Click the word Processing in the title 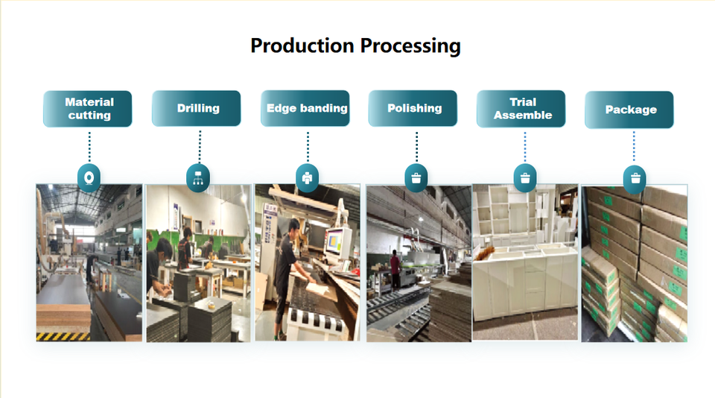410,46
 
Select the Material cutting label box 88,109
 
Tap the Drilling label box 197,109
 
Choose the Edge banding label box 307,109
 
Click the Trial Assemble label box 522,109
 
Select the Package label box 629,110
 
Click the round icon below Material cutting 89,177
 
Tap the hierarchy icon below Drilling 197,177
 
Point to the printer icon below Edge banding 307,177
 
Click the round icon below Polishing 416,177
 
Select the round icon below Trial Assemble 525,177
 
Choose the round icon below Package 634,177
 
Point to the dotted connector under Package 634,147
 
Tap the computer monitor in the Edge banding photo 337,243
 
